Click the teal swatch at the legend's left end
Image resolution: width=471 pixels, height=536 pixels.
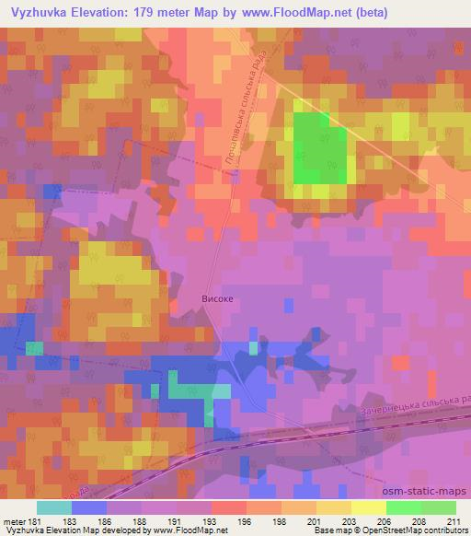pyautogui.click(x=54, y=507)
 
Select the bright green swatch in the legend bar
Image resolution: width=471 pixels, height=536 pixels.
pyautogui.click(x=403, y=507)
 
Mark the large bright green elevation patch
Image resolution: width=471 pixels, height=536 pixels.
pyautogui.click(x=320, y=147)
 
